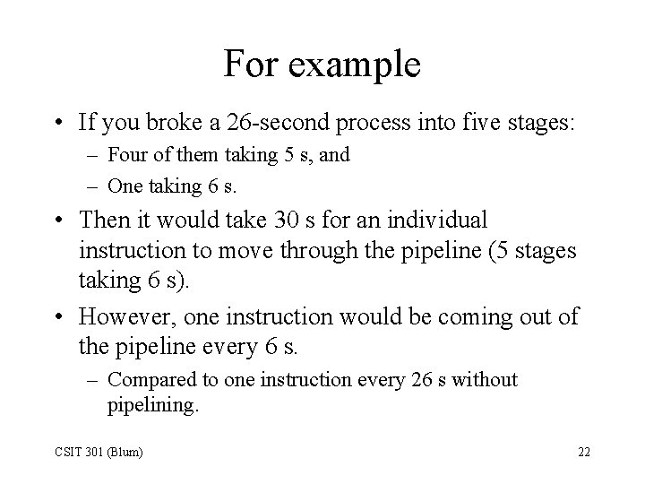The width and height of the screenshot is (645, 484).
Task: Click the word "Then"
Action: (104, 219)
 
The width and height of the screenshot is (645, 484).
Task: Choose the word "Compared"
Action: (147, 379)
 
